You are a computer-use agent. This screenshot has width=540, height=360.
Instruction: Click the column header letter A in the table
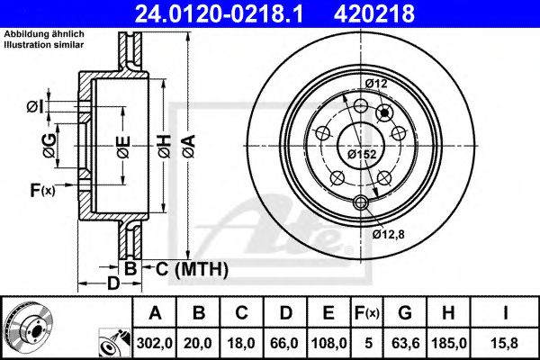[x=155, y=313]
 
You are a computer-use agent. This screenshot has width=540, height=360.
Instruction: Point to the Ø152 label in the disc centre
[x=362, y=155]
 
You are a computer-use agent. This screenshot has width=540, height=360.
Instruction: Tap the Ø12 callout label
[x=376, y=85]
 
